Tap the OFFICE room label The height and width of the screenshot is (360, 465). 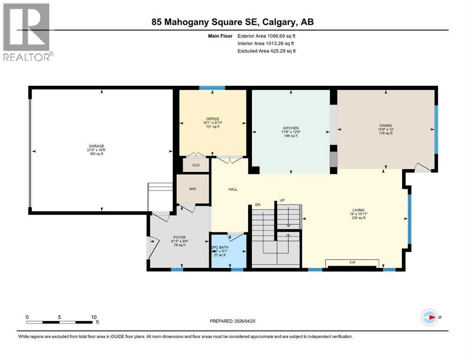click(213, 119)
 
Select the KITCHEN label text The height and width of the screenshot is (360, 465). click(290, 128)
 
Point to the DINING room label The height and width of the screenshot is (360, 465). click(385, 126)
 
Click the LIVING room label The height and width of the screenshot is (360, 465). click(359, 210)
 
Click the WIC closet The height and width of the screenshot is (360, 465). click(192, 189)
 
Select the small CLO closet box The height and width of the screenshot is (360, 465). click(196, 165)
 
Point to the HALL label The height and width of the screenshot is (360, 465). click(233, 189)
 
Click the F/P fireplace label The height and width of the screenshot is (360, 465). click(353, 262)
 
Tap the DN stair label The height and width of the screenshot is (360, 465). click(257, 204)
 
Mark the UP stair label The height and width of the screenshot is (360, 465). click(281, 200)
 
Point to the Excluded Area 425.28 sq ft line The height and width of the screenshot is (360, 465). click(266, 51)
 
